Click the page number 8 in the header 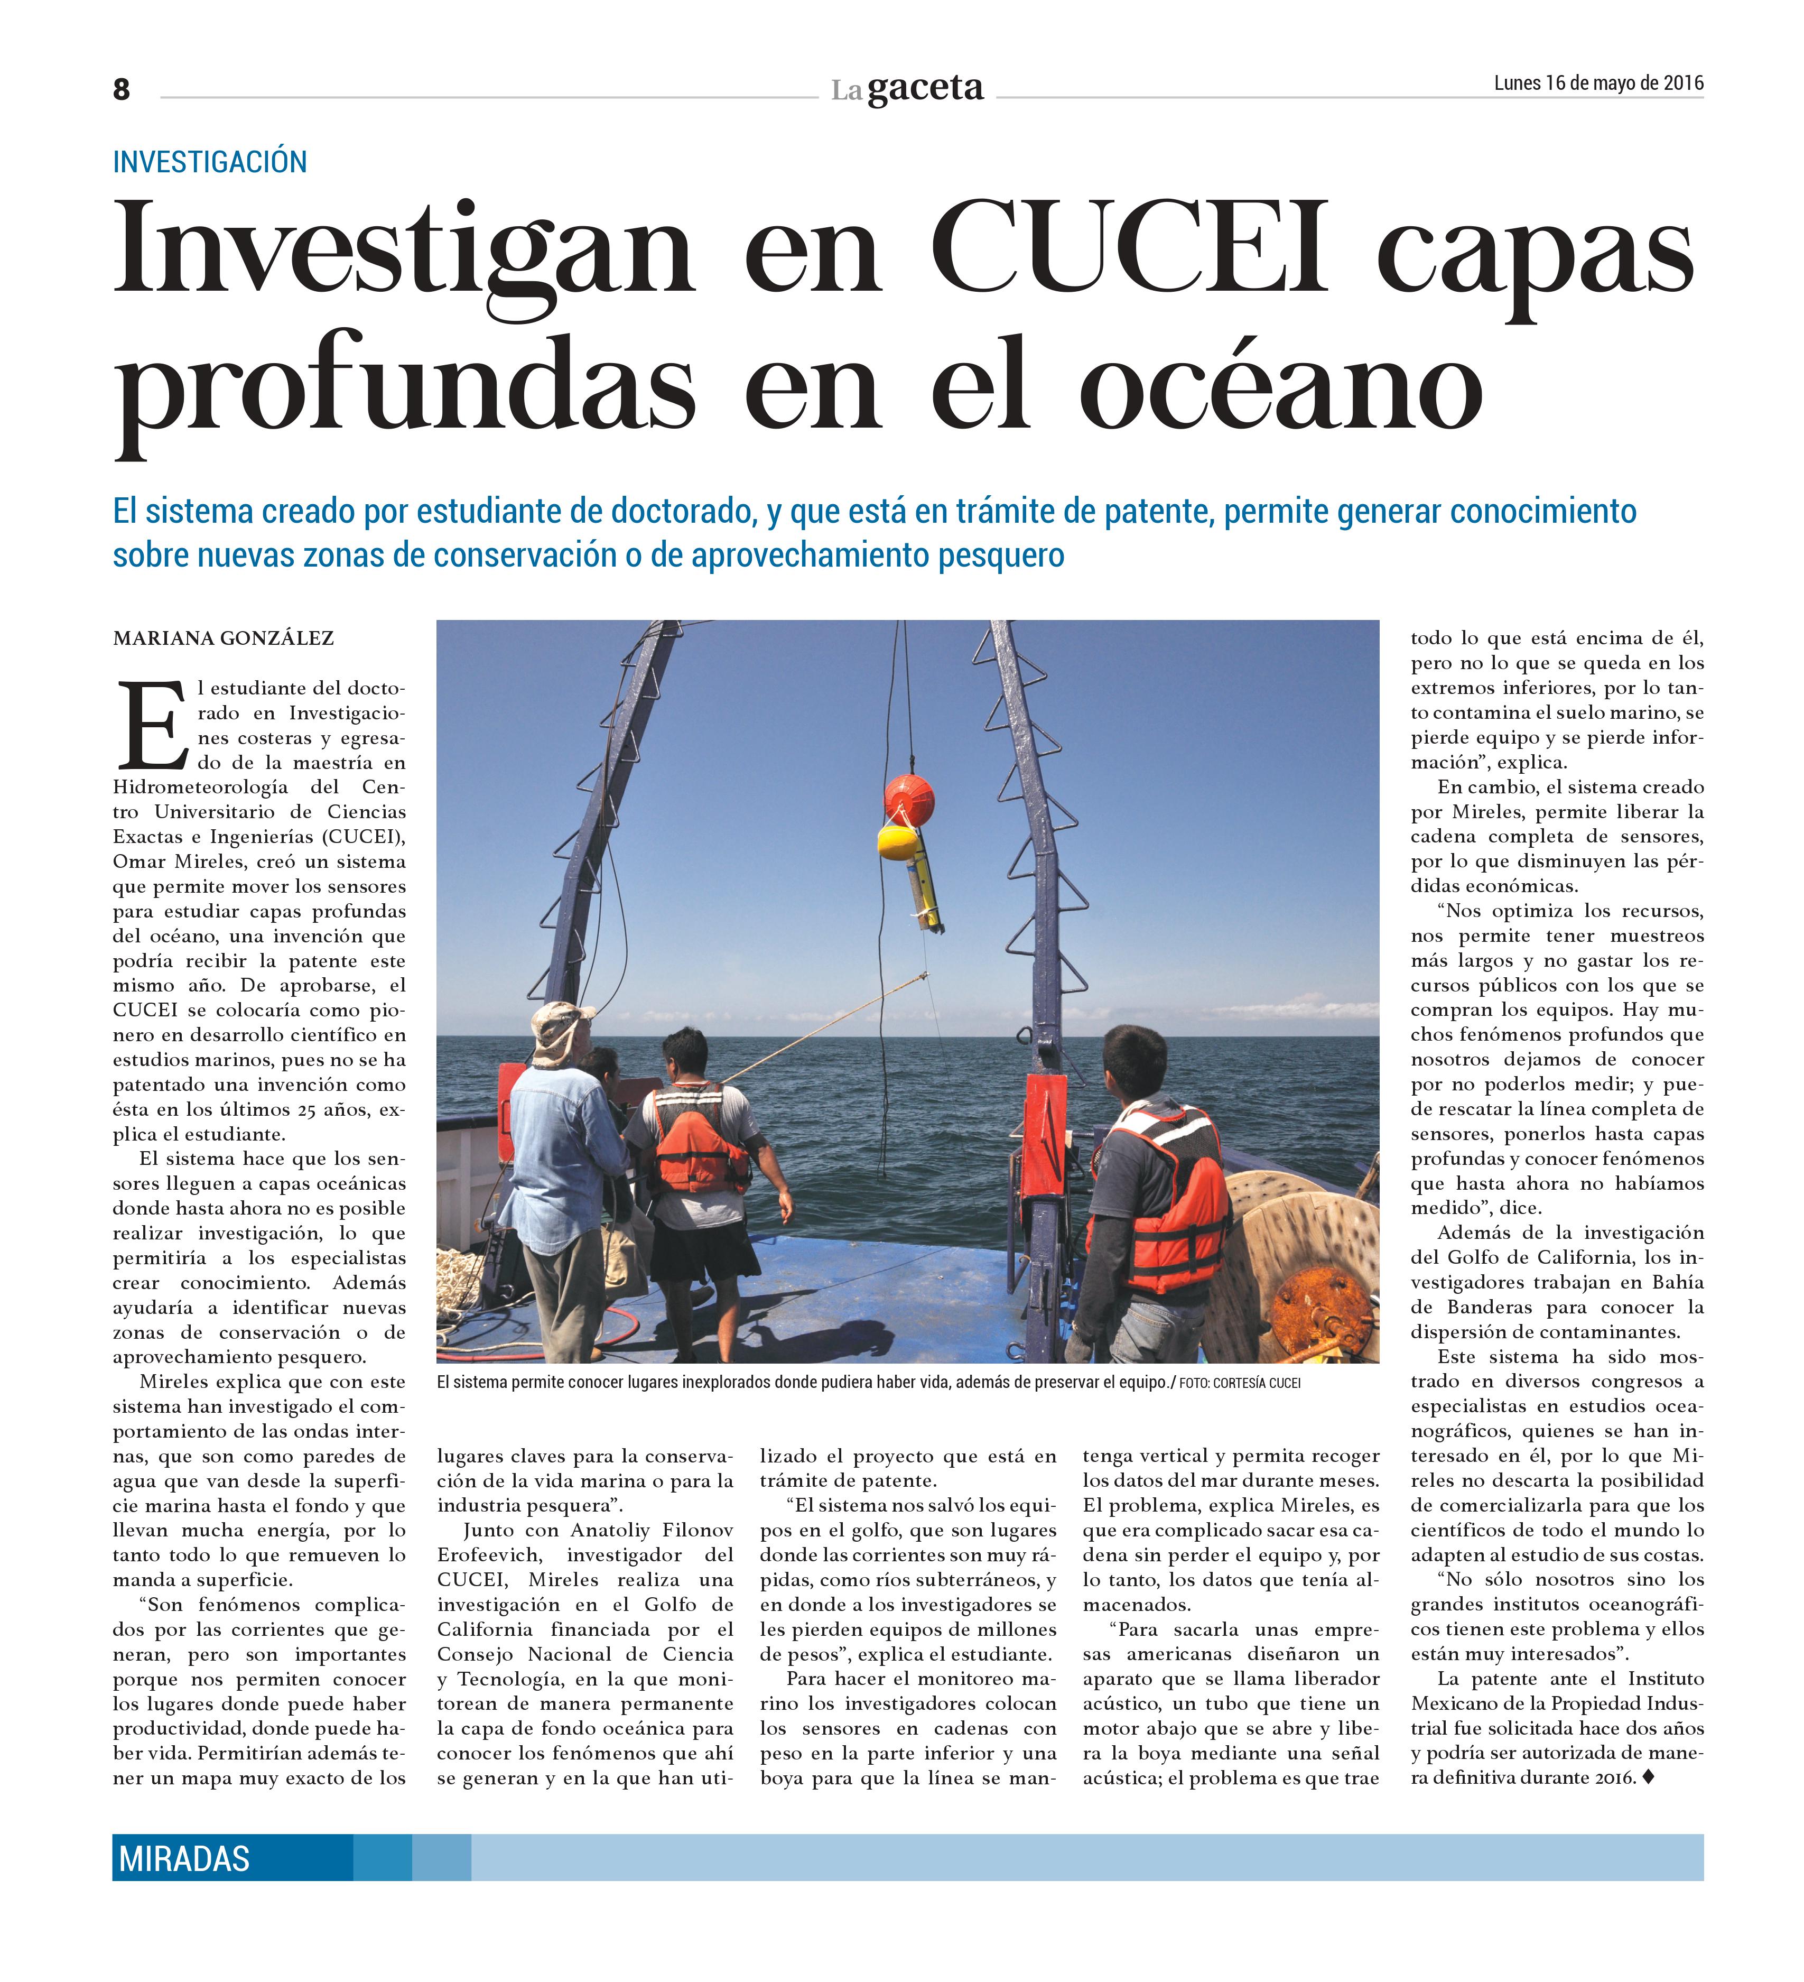pos(121,89)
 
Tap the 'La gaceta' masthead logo pos(906,89)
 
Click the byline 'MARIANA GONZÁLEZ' pos(223,639)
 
